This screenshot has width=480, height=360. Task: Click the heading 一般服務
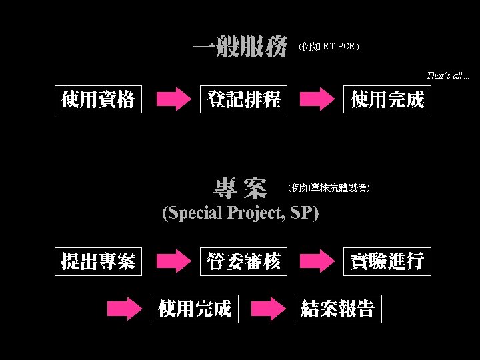pos(240,47)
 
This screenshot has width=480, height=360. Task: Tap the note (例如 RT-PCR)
pos(329,47)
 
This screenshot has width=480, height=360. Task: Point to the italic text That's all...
pos(448,76)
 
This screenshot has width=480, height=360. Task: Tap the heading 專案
pos(240,188)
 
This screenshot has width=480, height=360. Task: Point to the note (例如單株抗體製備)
pos(329,188)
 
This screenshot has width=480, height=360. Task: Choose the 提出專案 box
pos(98,261)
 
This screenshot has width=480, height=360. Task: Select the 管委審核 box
pos(243,261)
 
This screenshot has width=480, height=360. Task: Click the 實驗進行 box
pos(387,261)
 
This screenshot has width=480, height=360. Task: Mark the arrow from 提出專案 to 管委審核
pos(173,261)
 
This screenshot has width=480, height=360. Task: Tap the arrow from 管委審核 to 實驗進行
pos(316,261)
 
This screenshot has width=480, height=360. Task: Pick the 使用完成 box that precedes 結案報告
pos(195,309)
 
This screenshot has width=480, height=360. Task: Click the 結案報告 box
pos(338,309)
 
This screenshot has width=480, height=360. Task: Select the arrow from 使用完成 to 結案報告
pos(269,309)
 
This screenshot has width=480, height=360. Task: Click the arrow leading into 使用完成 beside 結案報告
pos(125,309)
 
